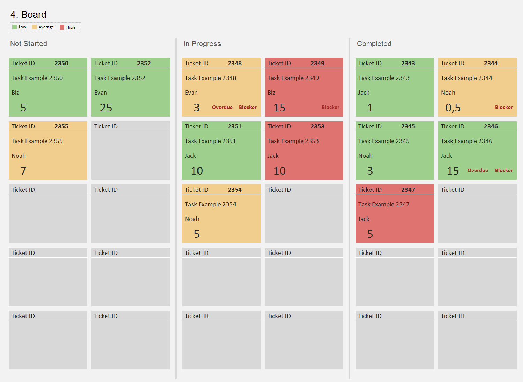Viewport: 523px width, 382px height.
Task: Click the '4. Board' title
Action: click(28, 15)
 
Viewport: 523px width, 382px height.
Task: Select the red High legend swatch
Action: click(62, 27)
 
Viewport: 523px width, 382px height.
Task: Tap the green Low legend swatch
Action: click(14, 27)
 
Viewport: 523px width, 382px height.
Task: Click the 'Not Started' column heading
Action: click(29, 44)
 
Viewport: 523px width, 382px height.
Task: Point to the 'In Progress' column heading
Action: click(202, 44)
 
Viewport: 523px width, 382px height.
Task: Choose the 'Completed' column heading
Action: click(374, 44)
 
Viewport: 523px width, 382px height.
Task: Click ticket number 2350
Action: click(61, 63)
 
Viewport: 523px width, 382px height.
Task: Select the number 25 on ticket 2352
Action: click(106, 108)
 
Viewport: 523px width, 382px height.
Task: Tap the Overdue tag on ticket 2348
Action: click(222, 107)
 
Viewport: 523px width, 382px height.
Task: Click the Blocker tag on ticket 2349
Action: click(330, 107)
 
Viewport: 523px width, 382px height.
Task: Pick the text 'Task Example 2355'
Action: click(37, 141)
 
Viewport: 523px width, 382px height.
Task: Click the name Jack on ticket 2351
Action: click(190, 156)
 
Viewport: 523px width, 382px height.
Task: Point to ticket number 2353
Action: click(317, 126)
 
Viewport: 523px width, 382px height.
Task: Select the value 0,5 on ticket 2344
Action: click(453, 108)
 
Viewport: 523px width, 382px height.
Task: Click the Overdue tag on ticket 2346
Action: click(478, 170)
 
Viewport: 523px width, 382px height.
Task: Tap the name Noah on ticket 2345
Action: click(365, 156)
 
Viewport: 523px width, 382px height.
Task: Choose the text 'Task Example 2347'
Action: click(384, 204)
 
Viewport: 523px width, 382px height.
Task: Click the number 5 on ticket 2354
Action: click(197, 234)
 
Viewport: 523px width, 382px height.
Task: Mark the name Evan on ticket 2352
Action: click(100, 93)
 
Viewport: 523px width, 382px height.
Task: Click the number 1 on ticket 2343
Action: click(370, 108)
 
